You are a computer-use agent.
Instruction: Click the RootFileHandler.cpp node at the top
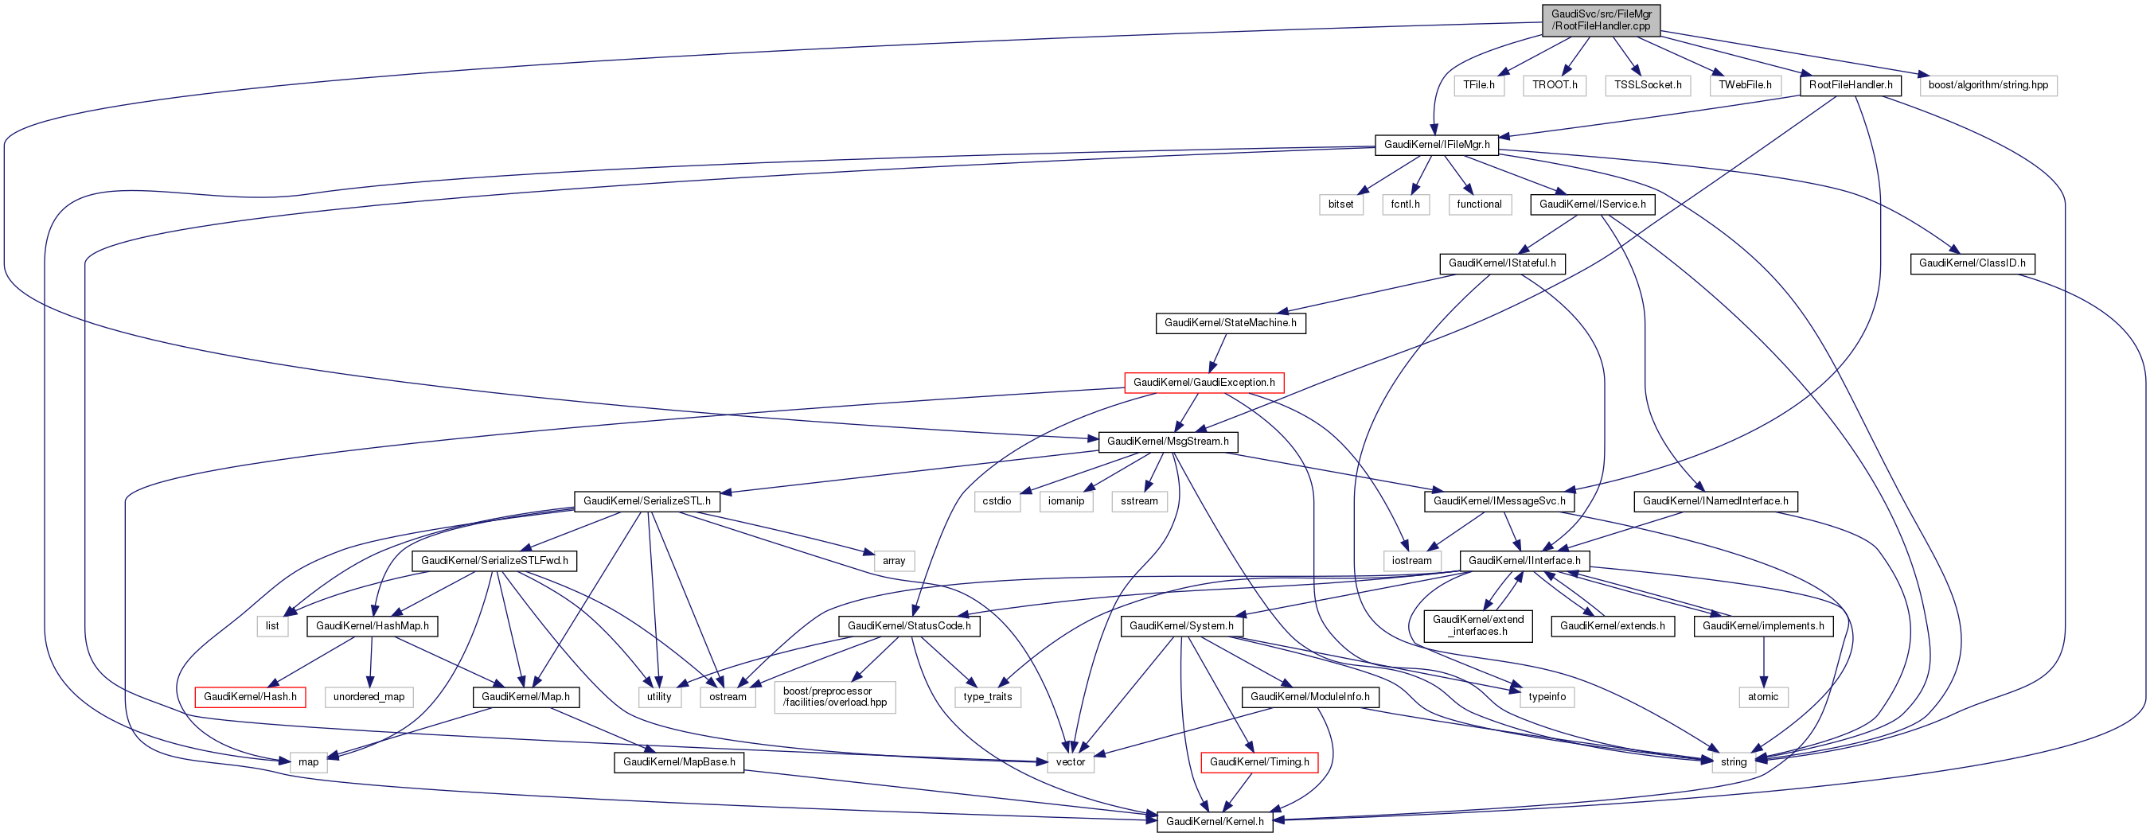[1600, 20]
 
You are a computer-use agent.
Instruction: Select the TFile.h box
[1479, 85]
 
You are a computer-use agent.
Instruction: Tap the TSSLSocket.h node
[1647, 85]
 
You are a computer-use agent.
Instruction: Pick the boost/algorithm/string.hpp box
[1988, 85]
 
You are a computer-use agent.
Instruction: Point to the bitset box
[1340, 204]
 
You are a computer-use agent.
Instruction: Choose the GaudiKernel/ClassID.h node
[1972, 263]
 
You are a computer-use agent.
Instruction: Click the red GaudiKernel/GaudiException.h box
[1204, 383]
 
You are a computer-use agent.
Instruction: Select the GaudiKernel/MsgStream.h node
[1167, 442]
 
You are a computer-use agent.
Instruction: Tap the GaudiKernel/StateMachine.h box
[1231, 323]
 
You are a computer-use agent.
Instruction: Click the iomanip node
[1066, 501]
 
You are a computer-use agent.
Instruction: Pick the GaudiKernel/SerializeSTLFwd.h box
[494, 561]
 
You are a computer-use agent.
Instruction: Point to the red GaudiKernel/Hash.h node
[250, 697]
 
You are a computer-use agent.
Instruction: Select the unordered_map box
[368, 697]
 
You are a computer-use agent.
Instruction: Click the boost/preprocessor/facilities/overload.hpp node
[835, 697]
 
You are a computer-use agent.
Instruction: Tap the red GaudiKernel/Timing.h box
[1258, 762]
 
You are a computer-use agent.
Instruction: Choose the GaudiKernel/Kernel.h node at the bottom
[1215, 822]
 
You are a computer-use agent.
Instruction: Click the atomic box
[1762, 697]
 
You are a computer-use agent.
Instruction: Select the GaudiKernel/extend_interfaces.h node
[1477, 626]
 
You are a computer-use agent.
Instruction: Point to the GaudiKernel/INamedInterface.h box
[1715, 501]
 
